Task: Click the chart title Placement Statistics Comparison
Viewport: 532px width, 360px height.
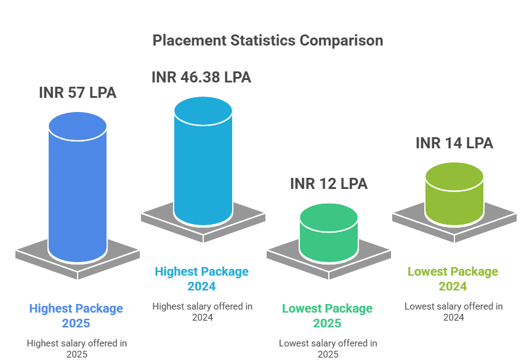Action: (x=267, y=41)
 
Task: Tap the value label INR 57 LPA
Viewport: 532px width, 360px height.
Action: (x=78, y=93)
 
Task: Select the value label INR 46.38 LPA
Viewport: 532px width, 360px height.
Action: (x=201, y=77)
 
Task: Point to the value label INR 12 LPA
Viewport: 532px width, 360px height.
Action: (x=329, y=183)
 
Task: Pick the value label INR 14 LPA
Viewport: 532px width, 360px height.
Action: (x=454, y=143)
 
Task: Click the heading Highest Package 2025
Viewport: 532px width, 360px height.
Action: (x=76, y=316)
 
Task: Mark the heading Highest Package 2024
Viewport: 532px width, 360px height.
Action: (x=202, y=278)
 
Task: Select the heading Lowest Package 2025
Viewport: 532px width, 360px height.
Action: (x=328, y=316)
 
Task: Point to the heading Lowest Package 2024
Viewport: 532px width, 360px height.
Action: (x=453, y=279)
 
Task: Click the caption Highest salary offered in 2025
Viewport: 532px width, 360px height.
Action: (x=76, y=348)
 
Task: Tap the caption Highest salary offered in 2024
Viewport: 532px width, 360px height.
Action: (x=202, y=311)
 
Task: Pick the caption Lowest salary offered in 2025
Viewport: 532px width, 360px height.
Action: (x=328, y=348)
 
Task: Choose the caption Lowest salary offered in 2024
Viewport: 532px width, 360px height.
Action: (x=453, y=311)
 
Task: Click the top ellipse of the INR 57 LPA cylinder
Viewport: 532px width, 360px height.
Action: (x=78, y=126)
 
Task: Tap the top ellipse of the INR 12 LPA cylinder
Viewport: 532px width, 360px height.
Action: (x=329, y=217)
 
